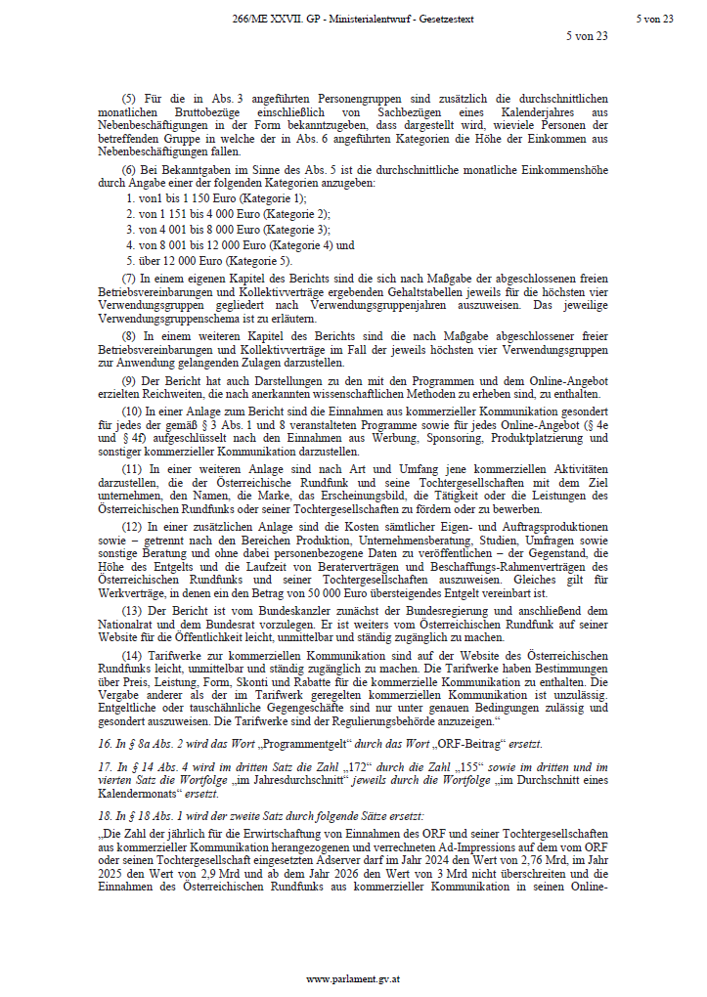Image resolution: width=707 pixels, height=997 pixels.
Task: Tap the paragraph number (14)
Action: [x=130, y=654]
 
